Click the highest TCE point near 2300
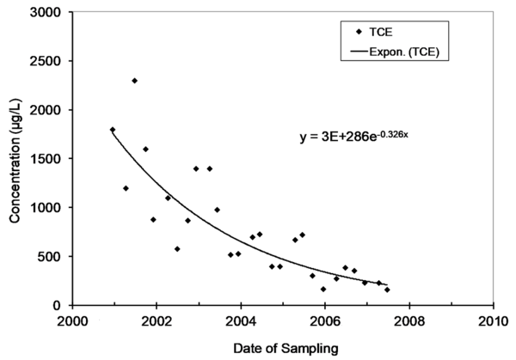[134, 81]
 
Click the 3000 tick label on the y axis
[46, 13]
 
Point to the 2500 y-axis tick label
[46, 62]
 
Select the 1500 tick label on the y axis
[46, 159]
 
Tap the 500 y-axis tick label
[49, 256]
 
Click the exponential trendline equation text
[359, 136]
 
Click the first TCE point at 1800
[113, 130]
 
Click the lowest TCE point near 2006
[323, 289]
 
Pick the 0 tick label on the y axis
[58, 305]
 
